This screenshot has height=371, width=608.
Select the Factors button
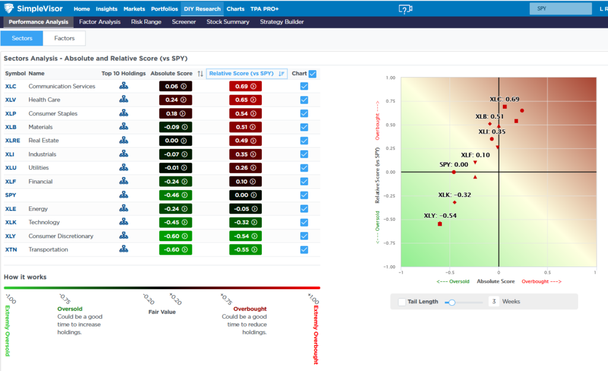pyautogui.click(x=64, y=38)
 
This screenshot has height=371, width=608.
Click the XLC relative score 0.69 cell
pyautogui.click(x=245, y=87)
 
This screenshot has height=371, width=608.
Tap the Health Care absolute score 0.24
pyautogui.click(x=176, y=100)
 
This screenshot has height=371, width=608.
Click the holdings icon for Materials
pyautogui.click(x=123, y=127)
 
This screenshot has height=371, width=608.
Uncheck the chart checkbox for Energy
pyautogui.click(x=304, y=209)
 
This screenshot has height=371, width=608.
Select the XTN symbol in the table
pyautogui.click(x=11, y=250)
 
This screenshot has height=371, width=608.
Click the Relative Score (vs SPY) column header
pyautogui.click(x=241, y=74)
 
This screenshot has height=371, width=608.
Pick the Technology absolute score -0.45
pyautogui.click(x=176, y=223)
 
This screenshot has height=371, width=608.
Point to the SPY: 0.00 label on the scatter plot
pyautogui.click(x=454, y=165)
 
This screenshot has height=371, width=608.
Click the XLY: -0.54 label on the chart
pyautogui.click(x=440, y=215)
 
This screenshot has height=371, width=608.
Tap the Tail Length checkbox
pyautogui.click(x=402, y=302)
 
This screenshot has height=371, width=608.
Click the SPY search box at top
pyautogui.click(x=560, y=9)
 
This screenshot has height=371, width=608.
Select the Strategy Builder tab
pyautogui.click(x=281, y=22)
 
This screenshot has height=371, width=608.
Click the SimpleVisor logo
pyautogui.click(x=35, y=9)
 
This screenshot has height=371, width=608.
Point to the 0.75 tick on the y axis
pyautogui.click(x=391, y=102)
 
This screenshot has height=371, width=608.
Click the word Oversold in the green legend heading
pyautogui.click(x=69, y=309)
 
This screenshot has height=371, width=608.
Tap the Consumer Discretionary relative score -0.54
pyautogui.click(x=245, y=236)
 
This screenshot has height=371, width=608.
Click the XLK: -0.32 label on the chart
pyautogui.click(x=455, y=195)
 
